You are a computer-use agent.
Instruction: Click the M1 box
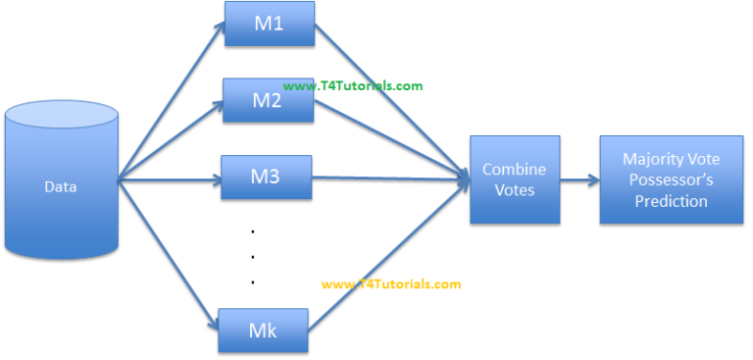[270, 24]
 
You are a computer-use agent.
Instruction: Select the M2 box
[268, 101]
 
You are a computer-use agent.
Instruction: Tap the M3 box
[266, 178]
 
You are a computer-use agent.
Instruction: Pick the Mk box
[263, 331]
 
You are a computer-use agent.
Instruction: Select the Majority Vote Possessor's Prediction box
[669, 180]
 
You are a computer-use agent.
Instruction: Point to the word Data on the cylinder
[61, 187]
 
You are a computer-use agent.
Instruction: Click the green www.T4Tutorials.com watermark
[353, 85]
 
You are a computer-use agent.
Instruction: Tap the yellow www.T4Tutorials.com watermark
[390, 284]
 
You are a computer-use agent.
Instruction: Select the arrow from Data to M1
[172, 99]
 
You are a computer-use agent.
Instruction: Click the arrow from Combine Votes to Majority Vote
[579, 180]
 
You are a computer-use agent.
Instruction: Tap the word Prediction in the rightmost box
[669, 201]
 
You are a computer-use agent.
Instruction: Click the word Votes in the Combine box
[515, 189]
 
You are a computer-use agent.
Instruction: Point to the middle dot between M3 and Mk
[253, 257]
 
